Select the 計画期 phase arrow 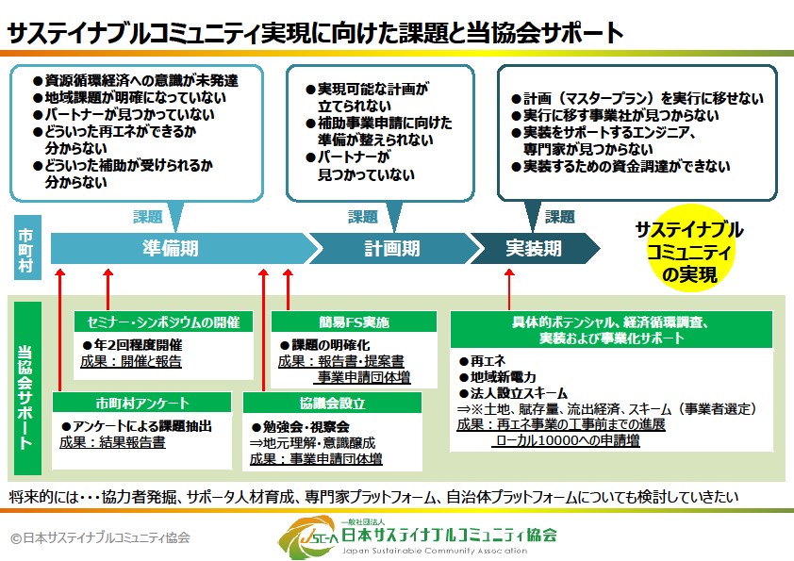pyautogui.click(x=391, y=248)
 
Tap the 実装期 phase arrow pyautogui.click(x=533, y=248)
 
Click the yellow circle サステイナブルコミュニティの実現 pyautogui.click(x=688, y=252)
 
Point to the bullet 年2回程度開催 pyautogui.click(x=137, y=344)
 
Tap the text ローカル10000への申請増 pyautogui.click(x=567, y=440)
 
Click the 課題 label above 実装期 pyautogui.click(x=559, y=217)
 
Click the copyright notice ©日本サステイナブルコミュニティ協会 pyautogui.click(x=100, y=537)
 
